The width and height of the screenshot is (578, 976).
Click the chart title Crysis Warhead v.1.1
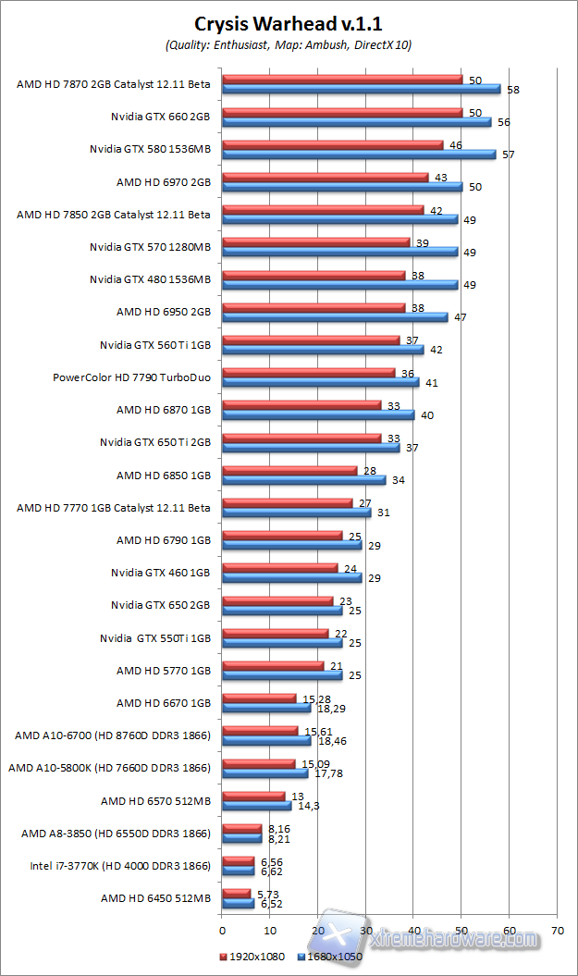point(288,24)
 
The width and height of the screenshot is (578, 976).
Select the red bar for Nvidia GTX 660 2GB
point(342,113)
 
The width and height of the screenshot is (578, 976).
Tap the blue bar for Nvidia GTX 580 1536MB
point(359,154)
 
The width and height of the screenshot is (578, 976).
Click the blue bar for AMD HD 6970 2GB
point(342,187)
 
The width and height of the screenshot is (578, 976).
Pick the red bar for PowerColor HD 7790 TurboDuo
point(308,373)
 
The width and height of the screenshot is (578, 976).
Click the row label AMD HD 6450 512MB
point(155,898)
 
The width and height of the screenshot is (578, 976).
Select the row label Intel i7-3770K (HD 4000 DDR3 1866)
point(120,866)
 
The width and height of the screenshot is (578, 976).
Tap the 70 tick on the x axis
point(557,930)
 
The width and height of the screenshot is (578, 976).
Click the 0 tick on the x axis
point(222,930)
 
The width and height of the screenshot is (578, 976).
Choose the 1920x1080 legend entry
point(252,957)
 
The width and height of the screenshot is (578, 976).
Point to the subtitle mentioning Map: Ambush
point(288,44)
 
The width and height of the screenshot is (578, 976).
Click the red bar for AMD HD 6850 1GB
point(289,471)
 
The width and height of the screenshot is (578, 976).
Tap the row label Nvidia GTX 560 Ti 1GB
point(155,344)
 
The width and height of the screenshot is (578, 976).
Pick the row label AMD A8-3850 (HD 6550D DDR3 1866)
point(116,834)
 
